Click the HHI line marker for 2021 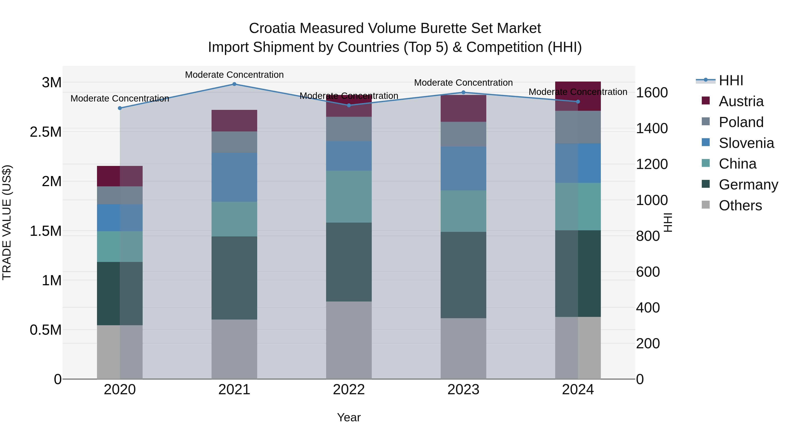click(234, 84)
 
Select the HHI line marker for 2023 click(463, 93)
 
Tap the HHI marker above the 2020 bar click(120, 108)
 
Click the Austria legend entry click(741, 101)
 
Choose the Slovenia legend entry click(746, 143)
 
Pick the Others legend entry click(740, 205)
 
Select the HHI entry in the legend click(731, 80)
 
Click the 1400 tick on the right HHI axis click(652, 128)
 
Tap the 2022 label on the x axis click(349, 390)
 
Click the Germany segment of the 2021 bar click(234, 278)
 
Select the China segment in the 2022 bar click(349, 196)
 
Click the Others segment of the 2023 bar click(463, 349)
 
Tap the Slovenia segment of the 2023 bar click(463, 168)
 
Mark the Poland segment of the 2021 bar click(234, 142)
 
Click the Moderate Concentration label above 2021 click(234, 75)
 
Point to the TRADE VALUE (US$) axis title click(7, 222)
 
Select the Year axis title click(349, 417)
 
